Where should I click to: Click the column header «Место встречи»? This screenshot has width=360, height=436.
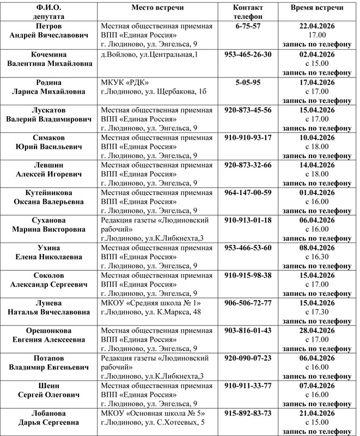click(157, 7)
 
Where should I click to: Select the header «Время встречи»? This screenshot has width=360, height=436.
click(316, 7)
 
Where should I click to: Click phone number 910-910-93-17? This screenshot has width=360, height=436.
click(247, 138)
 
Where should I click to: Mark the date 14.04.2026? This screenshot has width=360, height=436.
click(316, 166)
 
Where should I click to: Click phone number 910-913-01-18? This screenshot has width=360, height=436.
click(247, 221)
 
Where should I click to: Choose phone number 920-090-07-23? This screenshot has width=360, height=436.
click(247, 360)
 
